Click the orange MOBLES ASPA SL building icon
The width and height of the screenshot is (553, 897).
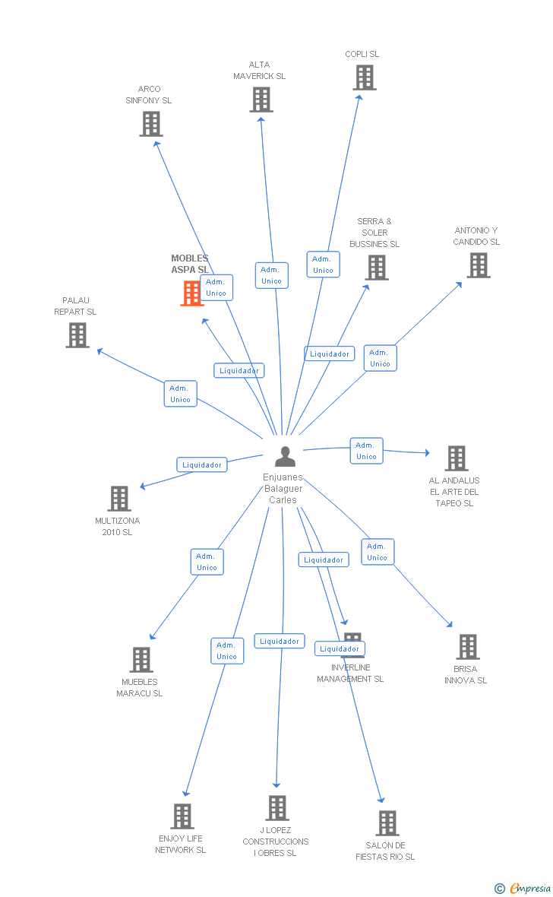point(192,293)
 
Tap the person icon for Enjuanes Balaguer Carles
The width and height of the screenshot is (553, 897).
point(285,456)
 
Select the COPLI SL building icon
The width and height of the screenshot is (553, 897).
point(365,78)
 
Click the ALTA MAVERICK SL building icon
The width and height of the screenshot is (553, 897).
point(261,100)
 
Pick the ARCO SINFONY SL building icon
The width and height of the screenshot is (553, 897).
point(151,124)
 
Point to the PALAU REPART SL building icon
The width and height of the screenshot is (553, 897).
point(77,335)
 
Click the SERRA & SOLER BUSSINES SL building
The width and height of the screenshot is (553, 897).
point(378,268)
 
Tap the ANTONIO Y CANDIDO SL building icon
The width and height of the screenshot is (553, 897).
point(479,265)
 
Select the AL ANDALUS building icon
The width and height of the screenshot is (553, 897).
point(457,458)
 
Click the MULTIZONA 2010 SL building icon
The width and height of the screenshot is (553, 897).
point(119,499)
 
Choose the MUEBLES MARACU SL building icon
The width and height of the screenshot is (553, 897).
point(141,660)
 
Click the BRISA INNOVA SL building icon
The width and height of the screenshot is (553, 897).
point(468,647)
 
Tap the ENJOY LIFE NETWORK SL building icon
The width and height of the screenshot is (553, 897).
point(182,816)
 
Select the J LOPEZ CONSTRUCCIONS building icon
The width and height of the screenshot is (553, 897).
point(277,808)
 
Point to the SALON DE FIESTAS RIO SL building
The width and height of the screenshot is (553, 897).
point(387,823)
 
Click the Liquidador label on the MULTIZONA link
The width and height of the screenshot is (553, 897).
point(202,464)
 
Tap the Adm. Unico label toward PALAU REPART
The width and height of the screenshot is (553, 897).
point(181,394)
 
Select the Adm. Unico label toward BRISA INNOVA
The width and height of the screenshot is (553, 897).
point(378,552)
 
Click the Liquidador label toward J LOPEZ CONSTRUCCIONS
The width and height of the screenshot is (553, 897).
point(280,642)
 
